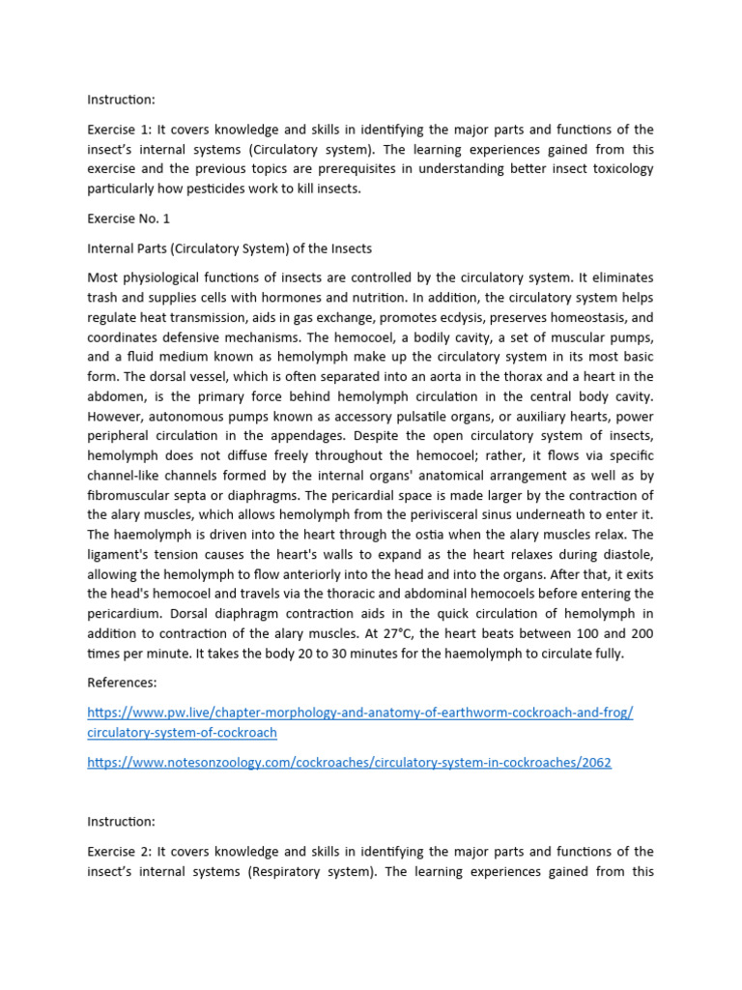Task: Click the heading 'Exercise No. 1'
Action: click(128, 219)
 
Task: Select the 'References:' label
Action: click(122, 683)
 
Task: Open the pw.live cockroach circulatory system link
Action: click(359, 713)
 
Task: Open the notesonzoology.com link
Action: click(349, 763)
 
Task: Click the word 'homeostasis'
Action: click(615, 316)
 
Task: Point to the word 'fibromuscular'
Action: click(129, 495)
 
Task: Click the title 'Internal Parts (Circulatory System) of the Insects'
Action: click(229, 249)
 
